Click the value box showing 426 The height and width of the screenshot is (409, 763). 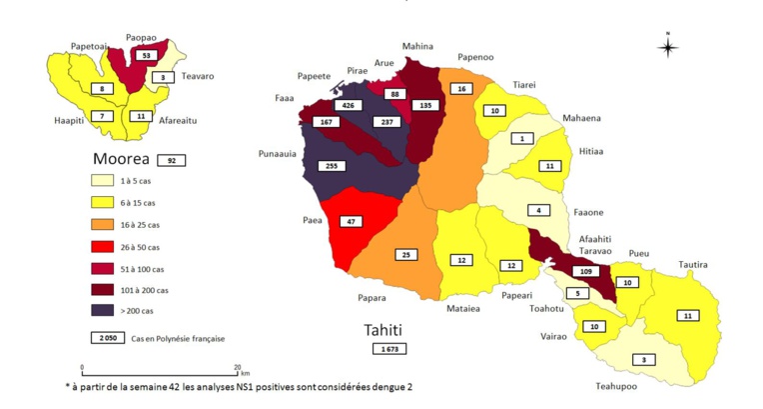click(349, 104)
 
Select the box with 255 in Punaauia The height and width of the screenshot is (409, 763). click(333, 167)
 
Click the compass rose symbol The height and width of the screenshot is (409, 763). click(668, 45)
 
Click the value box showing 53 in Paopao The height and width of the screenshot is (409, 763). click(148, 55)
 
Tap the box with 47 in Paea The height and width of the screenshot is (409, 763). click(352, 221)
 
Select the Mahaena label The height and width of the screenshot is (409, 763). click(582, 119)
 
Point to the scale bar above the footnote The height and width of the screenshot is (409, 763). click(159, 371)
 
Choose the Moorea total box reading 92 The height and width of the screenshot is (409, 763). click(171, 160)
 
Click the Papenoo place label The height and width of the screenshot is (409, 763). click(476, 58)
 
